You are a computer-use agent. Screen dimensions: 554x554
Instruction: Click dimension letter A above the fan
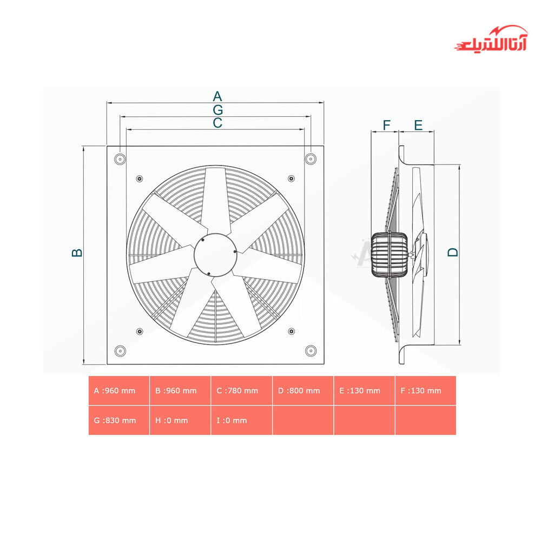tap(217, 96)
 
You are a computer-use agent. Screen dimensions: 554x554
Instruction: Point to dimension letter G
tap(217, 110)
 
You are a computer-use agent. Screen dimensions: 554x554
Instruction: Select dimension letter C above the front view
tap(217, 123)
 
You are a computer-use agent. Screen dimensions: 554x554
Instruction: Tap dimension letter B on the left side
tap(77, 253)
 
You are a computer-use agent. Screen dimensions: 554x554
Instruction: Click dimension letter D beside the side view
tap(453, 252)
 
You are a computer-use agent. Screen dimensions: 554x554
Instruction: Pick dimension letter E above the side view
tap(418, 125)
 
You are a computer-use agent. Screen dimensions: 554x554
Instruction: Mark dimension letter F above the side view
tap(386, 125)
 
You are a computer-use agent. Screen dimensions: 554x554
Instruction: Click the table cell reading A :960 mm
tap(119, 391)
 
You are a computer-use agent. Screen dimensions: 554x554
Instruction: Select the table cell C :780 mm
tap(242, 391)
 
